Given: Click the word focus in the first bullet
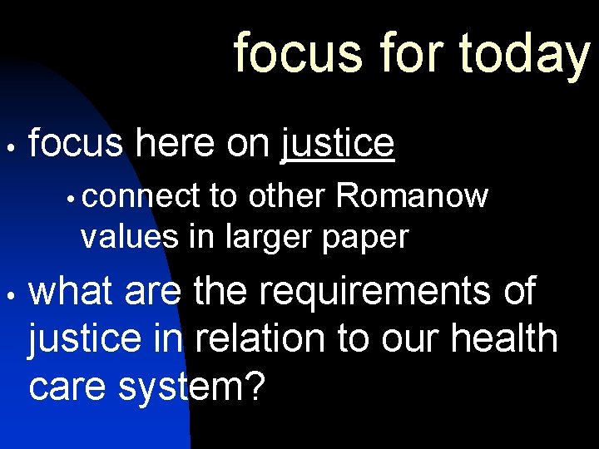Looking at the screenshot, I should [x=76, y=143].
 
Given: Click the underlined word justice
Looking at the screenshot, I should [x=338, y=143].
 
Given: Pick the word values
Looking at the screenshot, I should [x=128, y=237].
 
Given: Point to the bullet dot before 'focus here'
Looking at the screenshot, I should [x=9, y=146].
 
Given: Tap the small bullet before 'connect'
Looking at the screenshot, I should [x=74, y=199].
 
